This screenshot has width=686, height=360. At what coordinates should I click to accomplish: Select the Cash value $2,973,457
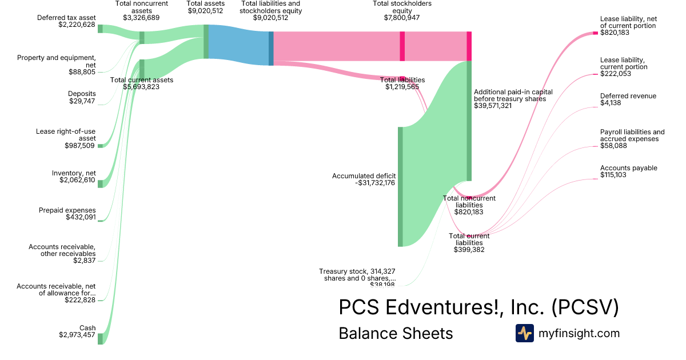[77, 335]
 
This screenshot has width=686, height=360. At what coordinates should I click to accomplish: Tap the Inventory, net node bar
[100, 183]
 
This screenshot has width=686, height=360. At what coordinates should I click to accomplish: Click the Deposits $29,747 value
[82, 101]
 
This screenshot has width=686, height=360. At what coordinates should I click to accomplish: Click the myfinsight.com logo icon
[524, 333]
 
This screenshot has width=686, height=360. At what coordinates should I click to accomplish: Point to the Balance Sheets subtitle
[396, 333]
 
